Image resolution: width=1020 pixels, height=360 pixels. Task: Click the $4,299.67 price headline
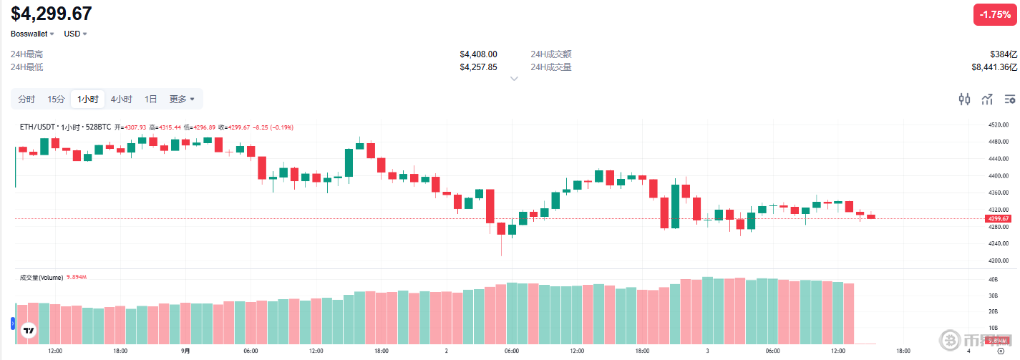point(52,13)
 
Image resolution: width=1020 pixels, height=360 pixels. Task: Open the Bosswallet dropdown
point(31,34)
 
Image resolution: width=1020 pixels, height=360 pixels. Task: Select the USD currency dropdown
point(75,34)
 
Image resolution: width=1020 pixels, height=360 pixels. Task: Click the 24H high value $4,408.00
point(478,54)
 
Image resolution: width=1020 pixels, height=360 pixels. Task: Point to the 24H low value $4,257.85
point(478,67)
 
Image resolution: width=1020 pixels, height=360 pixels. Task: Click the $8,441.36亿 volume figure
point(994,67)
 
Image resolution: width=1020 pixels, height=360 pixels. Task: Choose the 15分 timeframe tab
point(56,99)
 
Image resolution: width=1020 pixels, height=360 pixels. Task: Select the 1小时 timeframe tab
point(87,99)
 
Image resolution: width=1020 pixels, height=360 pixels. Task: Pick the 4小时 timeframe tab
point(121,99)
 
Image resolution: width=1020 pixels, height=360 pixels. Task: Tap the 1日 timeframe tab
point(151,99)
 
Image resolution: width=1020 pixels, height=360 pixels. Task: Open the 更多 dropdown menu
point(182,99)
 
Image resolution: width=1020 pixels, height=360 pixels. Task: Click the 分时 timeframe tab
point(26,99)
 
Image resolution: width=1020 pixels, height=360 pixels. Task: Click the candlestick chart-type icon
point(964,99)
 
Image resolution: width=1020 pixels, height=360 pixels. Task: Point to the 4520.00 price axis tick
point(998,125)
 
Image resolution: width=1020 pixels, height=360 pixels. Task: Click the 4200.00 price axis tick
point(998,261)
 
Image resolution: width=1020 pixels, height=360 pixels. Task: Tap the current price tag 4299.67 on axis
point(998,218)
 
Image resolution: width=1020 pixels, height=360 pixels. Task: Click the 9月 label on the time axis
point(185,351)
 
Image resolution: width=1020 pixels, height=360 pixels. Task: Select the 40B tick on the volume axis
point(994,279)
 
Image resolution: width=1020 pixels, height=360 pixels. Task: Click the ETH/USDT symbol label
point(38,127)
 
